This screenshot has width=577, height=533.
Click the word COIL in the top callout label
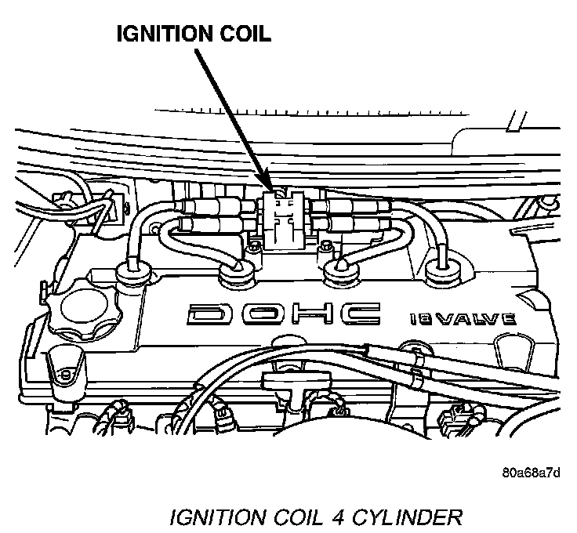point(245,35)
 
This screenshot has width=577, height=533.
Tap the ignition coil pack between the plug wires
point(283,219)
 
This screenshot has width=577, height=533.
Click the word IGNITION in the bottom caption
point(211,517)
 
